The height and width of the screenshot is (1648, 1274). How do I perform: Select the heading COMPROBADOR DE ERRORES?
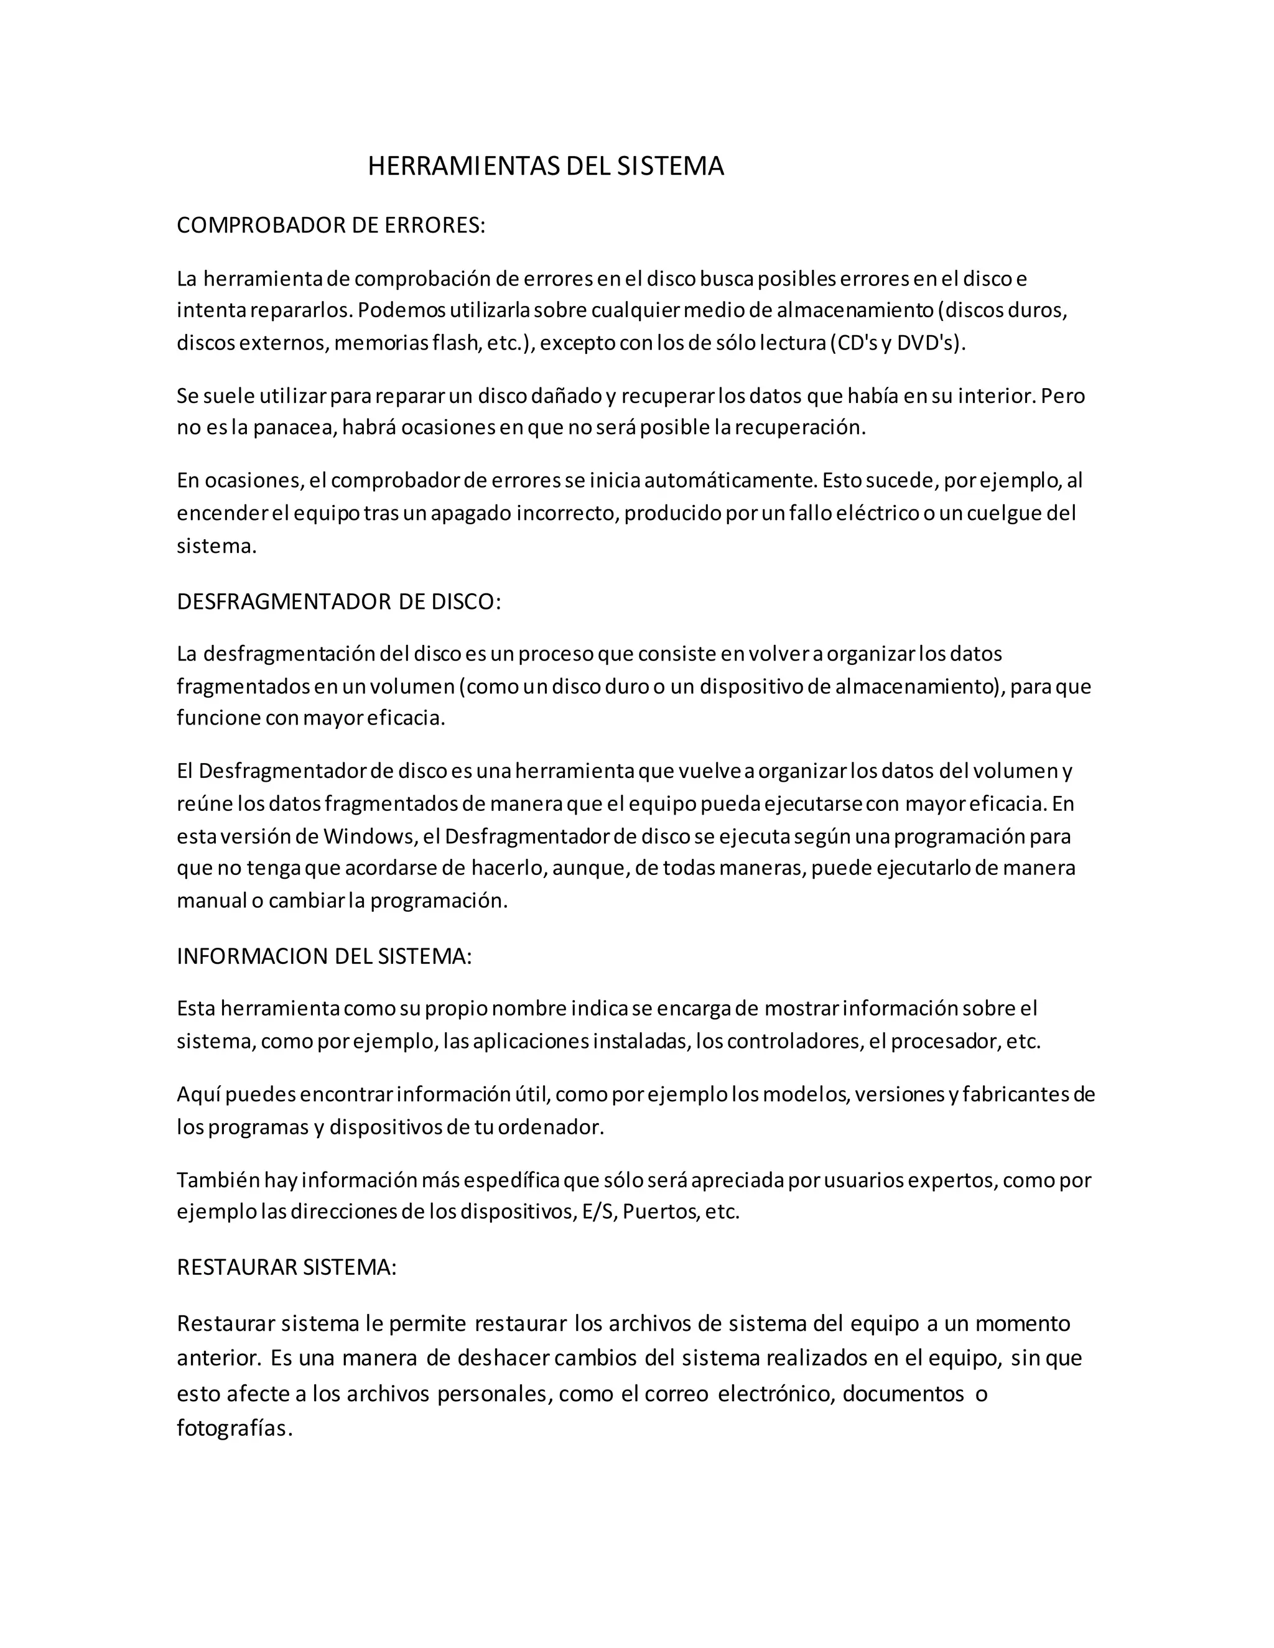(x=330, y=226)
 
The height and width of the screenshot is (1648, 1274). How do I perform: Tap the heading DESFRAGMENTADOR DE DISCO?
(x=338, y=601)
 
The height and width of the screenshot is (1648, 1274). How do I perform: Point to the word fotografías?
(x=233, y=1428)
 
